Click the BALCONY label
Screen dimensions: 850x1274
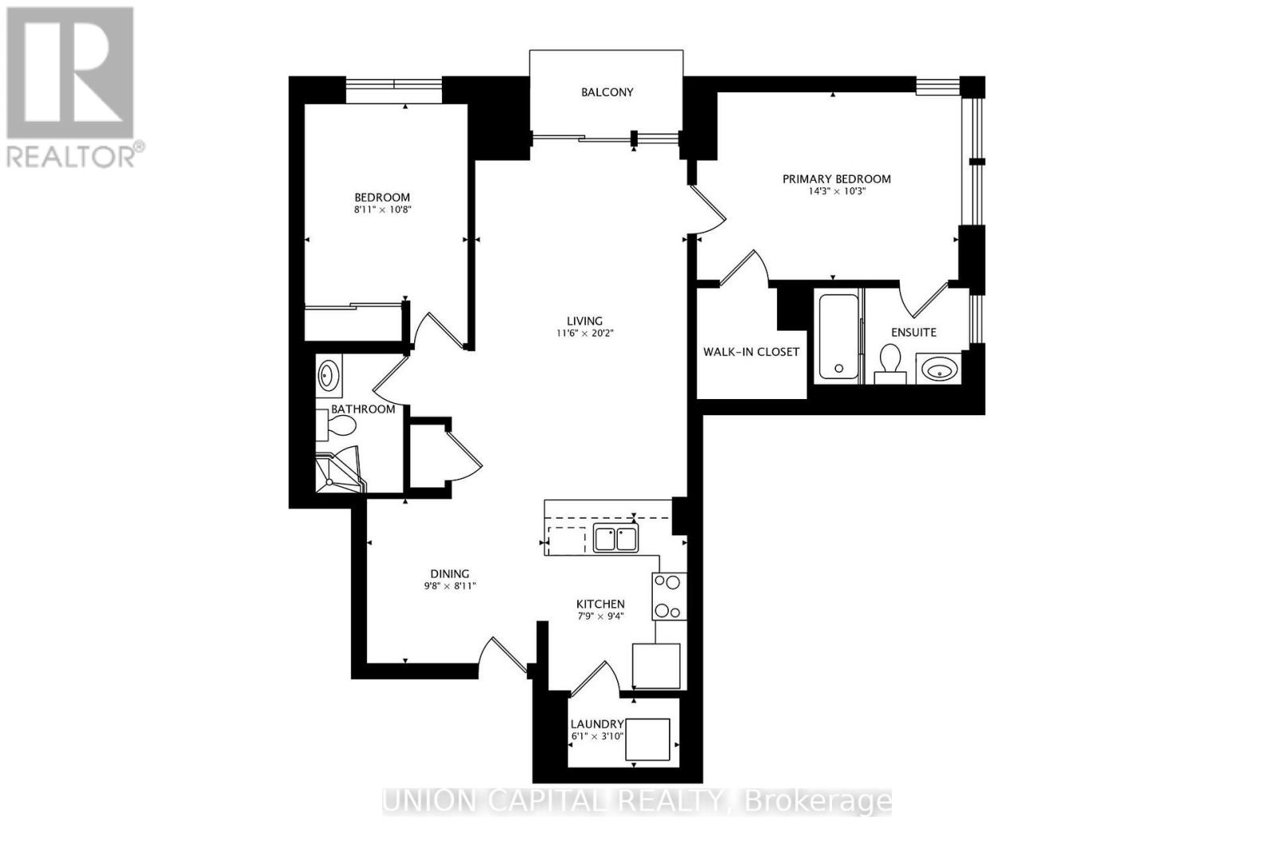[607, 92]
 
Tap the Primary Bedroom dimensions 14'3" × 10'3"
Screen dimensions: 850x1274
[836, 191]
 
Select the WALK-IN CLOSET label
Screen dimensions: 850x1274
[751, 352]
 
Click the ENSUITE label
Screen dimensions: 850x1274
[913, 332]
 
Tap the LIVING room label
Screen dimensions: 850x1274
[585, 322]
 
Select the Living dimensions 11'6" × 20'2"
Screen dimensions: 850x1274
[585, 334]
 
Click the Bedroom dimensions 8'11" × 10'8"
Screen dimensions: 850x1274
[382, 210]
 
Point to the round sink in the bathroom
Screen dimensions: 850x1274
[328, 375]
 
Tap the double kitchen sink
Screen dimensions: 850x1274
[616, 539]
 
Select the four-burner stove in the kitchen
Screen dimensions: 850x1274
[668, 597]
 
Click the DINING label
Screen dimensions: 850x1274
[450, 574]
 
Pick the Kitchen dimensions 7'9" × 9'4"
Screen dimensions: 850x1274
[600, 616]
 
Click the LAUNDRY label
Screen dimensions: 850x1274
[596, 724]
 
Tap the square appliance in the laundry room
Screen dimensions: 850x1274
[647, 739]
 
